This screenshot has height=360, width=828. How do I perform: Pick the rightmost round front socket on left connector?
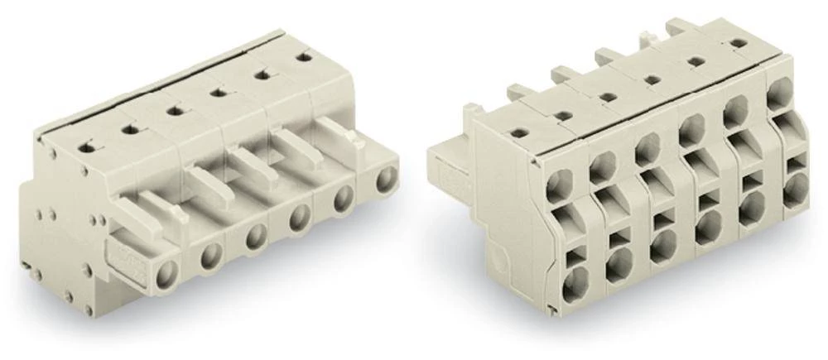point(385,180)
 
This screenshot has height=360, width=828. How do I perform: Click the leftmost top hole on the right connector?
point(518,132)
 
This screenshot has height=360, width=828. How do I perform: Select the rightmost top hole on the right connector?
point(735,41)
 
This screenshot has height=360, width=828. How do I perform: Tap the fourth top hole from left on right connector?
point(652,79)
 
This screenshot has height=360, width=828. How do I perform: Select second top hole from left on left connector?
point(128,127)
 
